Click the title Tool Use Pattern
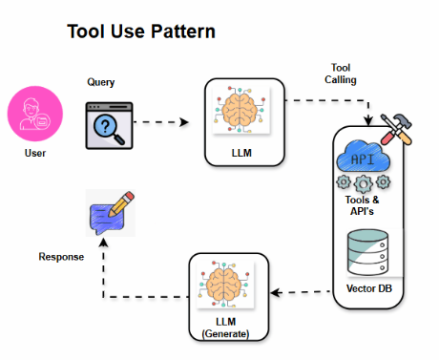click(x=140, y=32)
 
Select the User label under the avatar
click(x=35, y=153)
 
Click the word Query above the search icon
click(x=101, y=82)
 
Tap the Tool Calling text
click(x=343, y=74)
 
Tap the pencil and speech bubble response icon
click(x=108, y=213)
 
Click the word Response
click(x=62, y=257)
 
